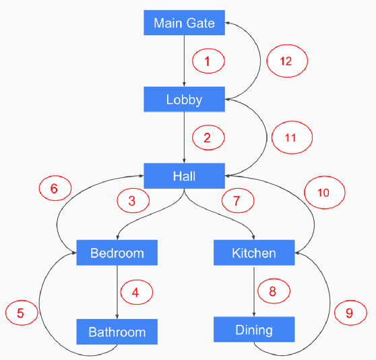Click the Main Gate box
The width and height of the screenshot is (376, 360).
click(184, 24)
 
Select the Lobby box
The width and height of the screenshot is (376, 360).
click(184, 100)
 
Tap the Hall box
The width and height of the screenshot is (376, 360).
click(184, 176)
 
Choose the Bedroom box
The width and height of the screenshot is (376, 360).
click(117, 253)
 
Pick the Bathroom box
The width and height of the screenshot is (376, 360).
click(117, 332)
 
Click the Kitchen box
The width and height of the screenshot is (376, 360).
click(254, 253)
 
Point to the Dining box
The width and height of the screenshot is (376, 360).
click(254, 330)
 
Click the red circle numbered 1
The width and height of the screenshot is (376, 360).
click(208, 61)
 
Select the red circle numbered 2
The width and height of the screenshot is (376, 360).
click(208, 138)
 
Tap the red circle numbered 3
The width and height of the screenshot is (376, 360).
click(132, 200)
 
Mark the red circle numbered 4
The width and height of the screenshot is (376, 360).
click(135, 293)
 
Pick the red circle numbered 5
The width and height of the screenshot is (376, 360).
click(20, 313)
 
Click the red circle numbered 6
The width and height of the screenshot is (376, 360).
click(55, 189)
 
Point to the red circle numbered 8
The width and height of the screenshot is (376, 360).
click(272, 291)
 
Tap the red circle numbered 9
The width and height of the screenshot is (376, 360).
click(349, 313)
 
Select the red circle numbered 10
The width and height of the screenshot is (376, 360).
click(324, 192)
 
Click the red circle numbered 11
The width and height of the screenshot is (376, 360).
click(291, 138)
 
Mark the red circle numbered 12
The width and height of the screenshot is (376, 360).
click(286, 61)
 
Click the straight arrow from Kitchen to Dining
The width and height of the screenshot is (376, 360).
click(254, 290)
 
